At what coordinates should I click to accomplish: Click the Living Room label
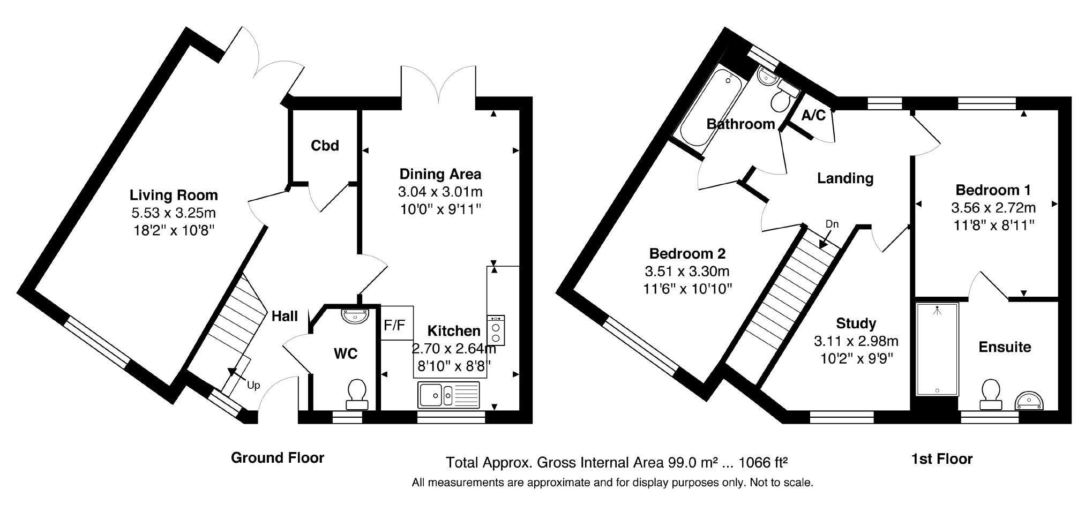click(174, 195)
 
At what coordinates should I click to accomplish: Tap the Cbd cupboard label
click(325, 146)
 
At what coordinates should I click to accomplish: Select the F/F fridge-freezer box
click(396, 323)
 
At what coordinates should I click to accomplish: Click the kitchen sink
click(450, 395)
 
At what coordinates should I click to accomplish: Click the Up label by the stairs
click(253, 385)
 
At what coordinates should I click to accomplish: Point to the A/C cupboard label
click(813, 115)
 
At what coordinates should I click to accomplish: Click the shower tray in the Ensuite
click(937, 350)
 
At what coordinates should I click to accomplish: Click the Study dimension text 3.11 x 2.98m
click(856, 341)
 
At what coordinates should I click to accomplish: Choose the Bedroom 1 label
click(993, 190)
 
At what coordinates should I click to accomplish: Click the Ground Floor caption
click(278, 458)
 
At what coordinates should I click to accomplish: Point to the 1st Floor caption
click(942, 459)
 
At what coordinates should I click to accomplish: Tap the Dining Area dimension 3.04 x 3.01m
click(440, 191)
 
